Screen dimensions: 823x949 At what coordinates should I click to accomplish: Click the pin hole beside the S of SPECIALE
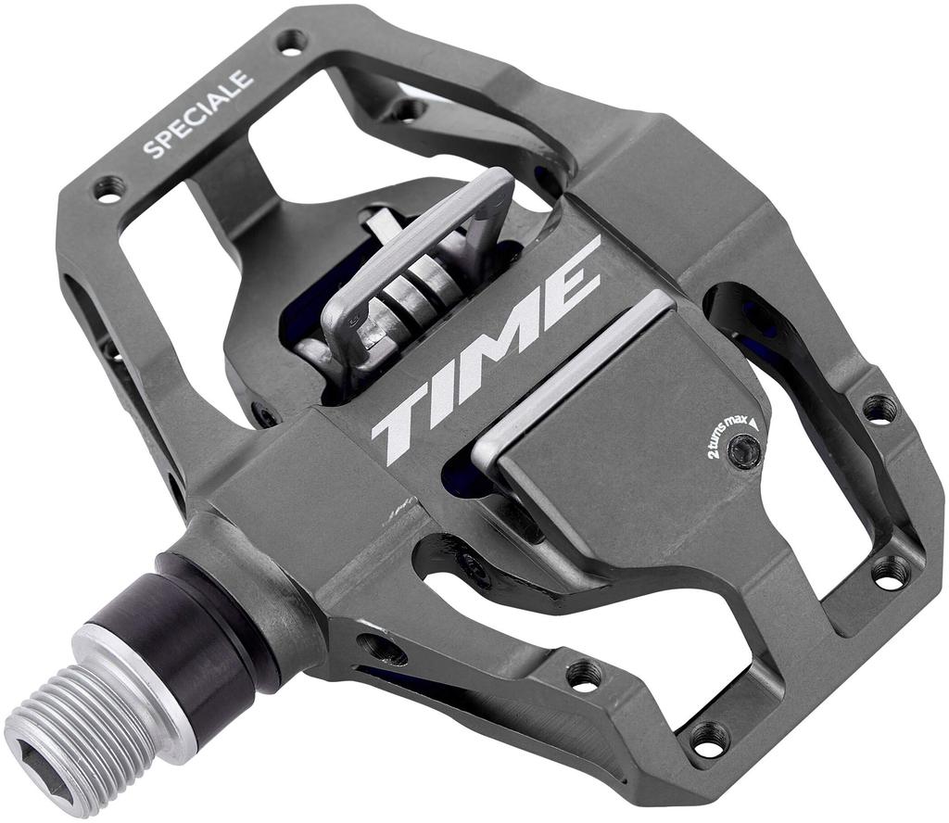(109, 190)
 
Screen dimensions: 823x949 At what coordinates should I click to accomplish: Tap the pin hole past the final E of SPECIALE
(291, 41)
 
